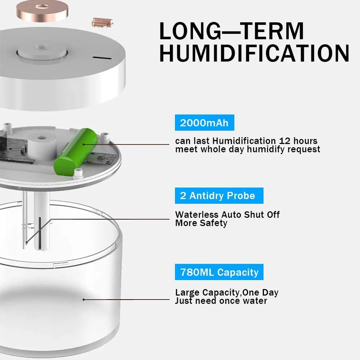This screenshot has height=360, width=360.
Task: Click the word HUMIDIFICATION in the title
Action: [x=254, y=53]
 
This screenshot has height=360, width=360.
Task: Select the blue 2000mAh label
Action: [x=204, y=123]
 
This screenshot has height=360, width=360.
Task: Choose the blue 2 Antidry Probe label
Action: [x=217, y=196]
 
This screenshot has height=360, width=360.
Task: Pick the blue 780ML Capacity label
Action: [x=219, y=272]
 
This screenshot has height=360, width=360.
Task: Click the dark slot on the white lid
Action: [x=99, y=57]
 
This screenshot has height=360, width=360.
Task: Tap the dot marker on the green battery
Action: [x=84, y=144]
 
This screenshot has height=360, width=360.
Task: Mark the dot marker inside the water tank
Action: [x=84, y=299]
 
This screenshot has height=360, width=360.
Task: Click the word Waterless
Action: [x=197, y=215]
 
